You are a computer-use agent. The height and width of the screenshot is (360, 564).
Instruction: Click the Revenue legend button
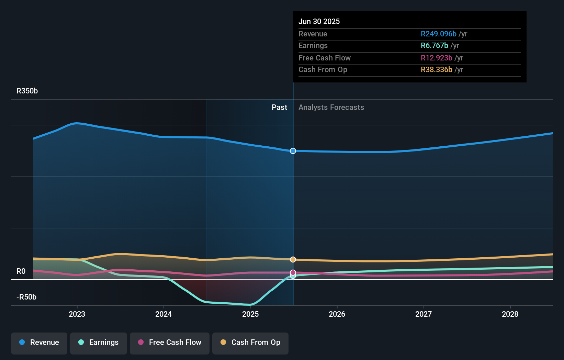[x=39, y=342]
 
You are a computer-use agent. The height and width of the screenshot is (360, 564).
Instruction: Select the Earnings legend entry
[x=99, y=342]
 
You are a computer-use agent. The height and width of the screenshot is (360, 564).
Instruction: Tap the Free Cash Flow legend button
[x=170, y=342]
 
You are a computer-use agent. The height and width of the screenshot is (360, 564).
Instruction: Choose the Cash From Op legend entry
[x=250, y=342]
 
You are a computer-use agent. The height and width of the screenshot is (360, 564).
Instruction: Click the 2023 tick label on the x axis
[x=77, y=314]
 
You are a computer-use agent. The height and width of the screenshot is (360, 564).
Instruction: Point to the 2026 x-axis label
[x=337, y=314]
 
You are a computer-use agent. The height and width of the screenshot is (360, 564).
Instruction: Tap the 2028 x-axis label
[x=510, y=314]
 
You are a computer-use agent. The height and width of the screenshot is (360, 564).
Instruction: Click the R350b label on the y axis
[x=27, y=91]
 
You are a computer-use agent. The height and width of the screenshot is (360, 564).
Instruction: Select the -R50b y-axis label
[x=26, y=297]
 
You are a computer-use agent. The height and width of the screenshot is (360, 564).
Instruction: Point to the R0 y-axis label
[x=21, y=271]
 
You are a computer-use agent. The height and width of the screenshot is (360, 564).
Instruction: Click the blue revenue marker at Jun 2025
[x=293, y=151]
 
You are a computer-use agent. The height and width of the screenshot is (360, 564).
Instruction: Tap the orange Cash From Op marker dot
[x=293, y=259]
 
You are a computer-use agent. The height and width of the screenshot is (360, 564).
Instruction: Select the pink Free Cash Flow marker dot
[x=293, y=272]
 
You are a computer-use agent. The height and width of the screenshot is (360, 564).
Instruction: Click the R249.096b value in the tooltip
[x=438, y=34]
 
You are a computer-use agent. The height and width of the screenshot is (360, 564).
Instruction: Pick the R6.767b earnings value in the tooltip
[x=434, y=46]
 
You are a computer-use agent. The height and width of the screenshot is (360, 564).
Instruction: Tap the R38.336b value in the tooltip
[x=436, y=70]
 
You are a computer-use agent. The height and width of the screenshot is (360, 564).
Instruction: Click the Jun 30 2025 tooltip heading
[x=319, y=22]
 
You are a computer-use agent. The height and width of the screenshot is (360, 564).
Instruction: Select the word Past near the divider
[x=279, y=108]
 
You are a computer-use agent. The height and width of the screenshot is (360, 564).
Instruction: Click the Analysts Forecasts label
[x=331, y=108]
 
